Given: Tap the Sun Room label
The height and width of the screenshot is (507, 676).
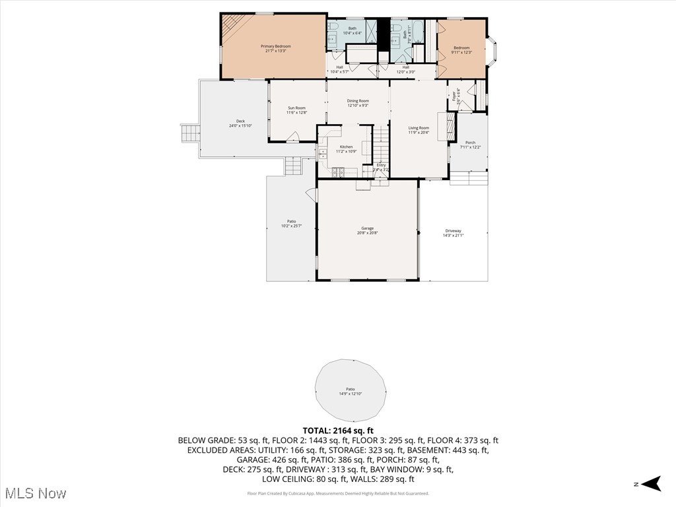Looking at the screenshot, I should coord(296,110).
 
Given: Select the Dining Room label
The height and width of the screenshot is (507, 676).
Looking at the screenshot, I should coord(358,103).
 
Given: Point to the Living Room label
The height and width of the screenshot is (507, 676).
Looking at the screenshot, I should coord(419,130).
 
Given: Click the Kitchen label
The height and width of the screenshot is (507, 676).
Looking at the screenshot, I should coord(346,149).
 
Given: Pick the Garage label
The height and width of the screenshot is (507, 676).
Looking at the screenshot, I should coord(367,230).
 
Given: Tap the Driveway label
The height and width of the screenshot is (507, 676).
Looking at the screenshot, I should coord(453,233).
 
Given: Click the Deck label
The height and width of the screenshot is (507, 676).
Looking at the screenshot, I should coord(241,123).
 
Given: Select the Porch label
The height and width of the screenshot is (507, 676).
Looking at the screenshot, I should coord(470,145).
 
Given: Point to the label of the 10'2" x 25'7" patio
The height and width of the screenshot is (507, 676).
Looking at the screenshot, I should coord(291,224).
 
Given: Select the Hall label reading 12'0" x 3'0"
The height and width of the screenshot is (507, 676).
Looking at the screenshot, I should coord(405,69).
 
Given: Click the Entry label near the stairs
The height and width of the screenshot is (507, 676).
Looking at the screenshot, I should coord(381,168).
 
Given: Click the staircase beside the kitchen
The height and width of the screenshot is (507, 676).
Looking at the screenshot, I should coord(382,145).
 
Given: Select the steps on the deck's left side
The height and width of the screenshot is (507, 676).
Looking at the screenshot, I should coord(190,133).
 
